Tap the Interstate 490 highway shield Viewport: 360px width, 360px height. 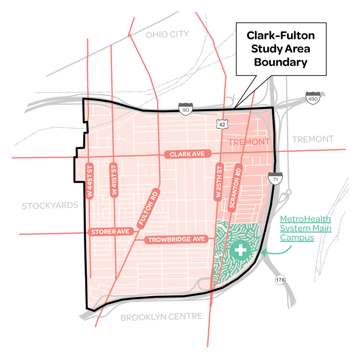click(312, 97)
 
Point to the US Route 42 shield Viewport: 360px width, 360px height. click(221, 123)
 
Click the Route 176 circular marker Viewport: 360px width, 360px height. click(280, 280)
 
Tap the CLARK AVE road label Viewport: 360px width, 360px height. click(188, 154)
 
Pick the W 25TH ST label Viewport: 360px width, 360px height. click(217, 182)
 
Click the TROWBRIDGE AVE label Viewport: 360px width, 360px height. click(177, 240)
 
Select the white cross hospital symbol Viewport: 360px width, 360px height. click(240, 249)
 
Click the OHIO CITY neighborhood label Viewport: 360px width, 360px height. click(167, 34)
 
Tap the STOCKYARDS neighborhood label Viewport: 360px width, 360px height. click(50, 205)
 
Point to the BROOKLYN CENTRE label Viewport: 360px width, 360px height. click(161, 317)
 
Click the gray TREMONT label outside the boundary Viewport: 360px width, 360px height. click(313, 139)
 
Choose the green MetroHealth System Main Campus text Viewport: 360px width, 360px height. click(305, 228)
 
